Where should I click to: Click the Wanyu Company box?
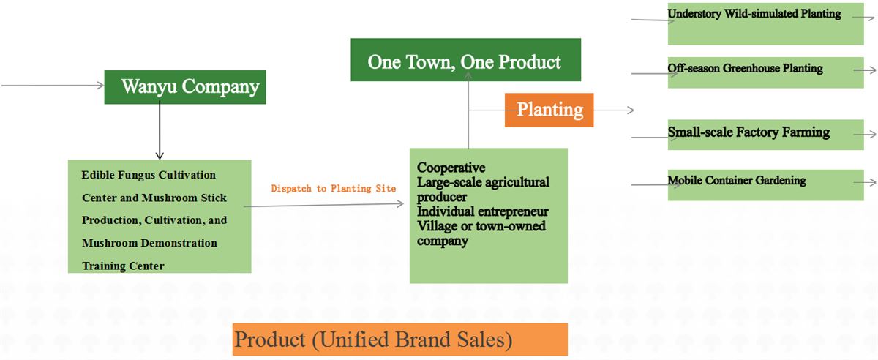(x=185, y=87)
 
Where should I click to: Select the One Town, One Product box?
(x=465, y=59)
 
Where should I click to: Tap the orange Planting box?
(x=549, y=110)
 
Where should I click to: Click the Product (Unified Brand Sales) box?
(x=399, y=340)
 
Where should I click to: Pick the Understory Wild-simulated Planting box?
(x=765, y=24)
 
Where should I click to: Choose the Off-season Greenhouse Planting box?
(x=765, y=72)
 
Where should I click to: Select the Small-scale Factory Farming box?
(x=765, y=135)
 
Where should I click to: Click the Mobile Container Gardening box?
(x=765, y=185)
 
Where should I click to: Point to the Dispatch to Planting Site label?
(x=334, y=189)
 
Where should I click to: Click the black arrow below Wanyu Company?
(x=160, y=130)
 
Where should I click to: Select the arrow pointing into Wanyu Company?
(x=53, y=85)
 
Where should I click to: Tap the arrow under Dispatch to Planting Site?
(x=323, y=205)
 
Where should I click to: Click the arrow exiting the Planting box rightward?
(x=614, y=110)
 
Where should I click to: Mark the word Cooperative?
(x=451, y=168)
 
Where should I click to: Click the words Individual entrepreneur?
(x=482, y=211)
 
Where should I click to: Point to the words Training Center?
(x=123, y=266)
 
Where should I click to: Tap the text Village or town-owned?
(x=481, y=226)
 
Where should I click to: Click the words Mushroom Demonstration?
(x=149, y=243)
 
